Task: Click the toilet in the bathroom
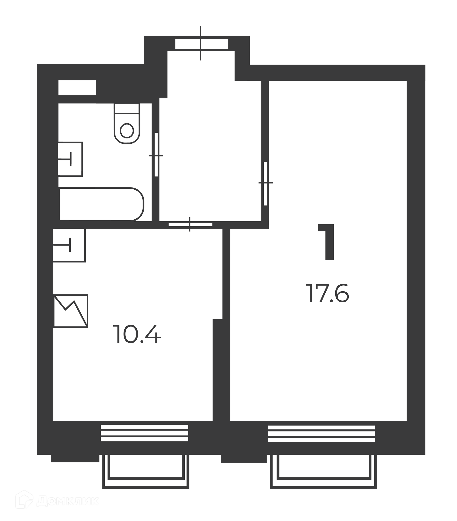127,123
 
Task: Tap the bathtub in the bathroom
102,204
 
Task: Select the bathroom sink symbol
70,159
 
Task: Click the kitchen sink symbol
69,245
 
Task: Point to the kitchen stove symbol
71,311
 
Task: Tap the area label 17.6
327,293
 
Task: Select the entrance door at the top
201,43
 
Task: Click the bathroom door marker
156,155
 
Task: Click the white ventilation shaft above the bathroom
77,87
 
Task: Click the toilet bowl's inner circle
127,131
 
